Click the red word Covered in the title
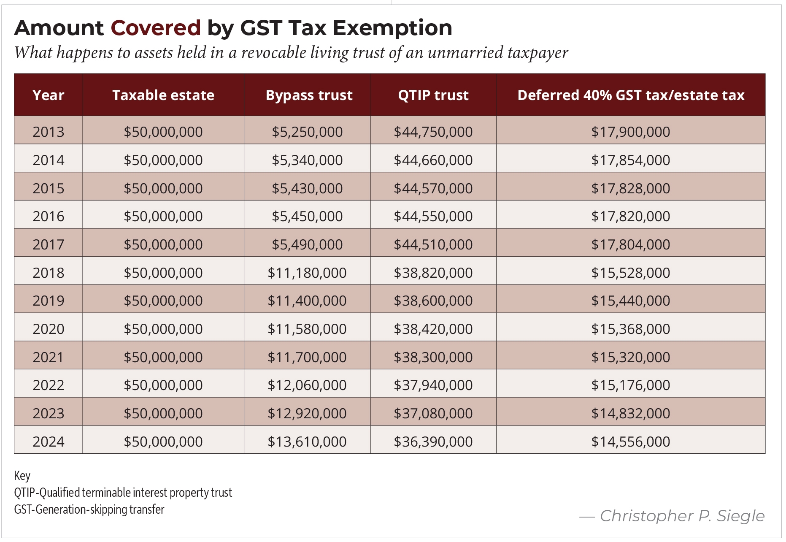click(156, 28)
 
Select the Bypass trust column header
click(309, 95)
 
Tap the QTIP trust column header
click(433, 95)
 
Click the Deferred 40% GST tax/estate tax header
click(631, 95)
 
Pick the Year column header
click(49, 95)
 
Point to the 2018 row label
click(49, 273)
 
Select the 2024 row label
click(49, 442)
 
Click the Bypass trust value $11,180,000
click(307, 273)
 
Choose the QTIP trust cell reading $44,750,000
click(433, 132)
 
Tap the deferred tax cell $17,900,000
click(631, 132)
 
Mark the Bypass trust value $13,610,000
click(307, 442)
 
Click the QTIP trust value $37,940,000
click(433, 385)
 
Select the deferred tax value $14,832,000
click(631, 413)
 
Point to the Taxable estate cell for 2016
click(163, 216)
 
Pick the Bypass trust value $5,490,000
click(307, 244)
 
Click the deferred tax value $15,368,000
click(631, 329)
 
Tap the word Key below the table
click(22, 476)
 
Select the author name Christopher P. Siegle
click(682, 516)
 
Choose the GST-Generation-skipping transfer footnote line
click(89, 509)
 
